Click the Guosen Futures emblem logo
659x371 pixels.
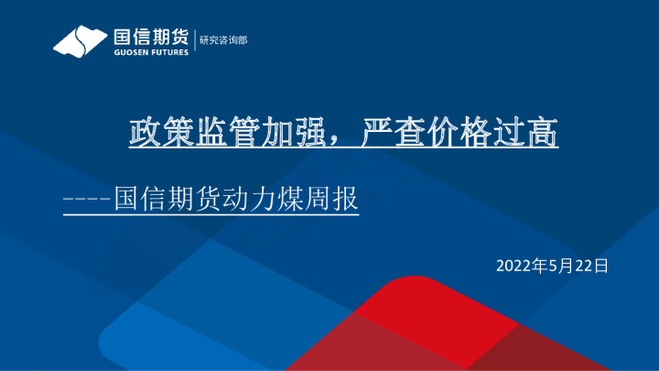click(x=80, y=41)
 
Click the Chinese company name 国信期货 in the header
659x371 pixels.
click(x=150, y=37)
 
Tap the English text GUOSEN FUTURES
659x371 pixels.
click(x=150, y=52)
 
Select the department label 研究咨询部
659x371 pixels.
click(x=223, y=40)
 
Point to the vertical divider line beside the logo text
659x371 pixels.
click(x=194, y=40)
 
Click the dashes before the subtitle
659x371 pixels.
click(x=86, y=199)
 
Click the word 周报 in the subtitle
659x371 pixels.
click(x=336, y=199)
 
